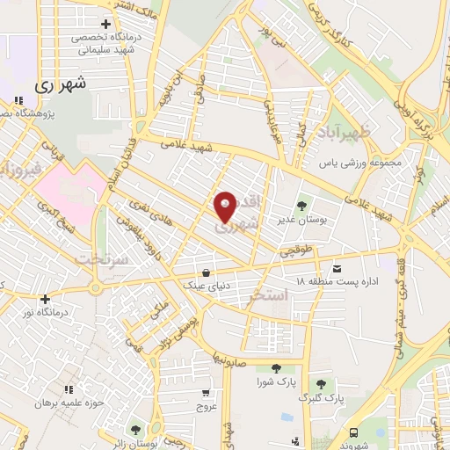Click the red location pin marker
click(x=226, y=207)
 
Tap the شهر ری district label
click(x=61, y=86)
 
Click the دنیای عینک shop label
click(x=206, y=286)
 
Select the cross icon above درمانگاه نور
click(x=45, y=299)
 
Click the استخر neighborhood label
click(x=269, y=296)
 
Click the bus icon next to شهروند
click(x=353, y=432)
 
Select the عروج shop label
click(x=206, y=407)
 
